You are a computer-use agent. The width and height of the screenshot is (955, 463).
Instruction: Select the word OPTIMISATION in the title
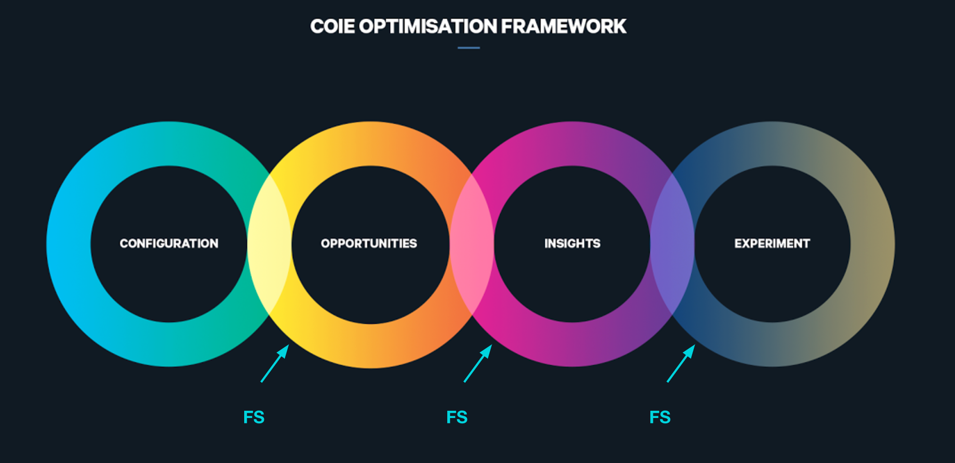coord(428,27)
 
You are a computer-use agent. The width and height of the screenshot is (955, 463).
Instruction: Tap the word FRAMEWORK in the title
coord(563,27)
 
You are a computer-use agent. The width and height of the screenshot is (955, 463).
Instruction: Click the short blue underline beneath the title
coord(469,48)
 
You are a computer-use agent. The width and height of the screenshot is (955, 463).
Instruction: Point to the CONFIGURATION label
coord(169,243)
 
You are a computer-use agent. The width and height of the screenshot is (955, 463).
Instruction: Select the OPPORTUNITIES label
coord(369,243)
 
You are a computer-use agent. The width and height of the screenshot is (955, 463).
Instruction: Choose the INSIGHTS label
coord(572,243)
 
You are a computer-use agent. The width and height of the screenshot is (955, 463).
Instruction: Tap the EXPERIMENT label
coord(772,243)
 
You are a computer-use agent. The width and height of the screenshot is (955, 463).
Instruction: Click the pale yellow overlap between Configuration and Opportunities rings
coord(269,243)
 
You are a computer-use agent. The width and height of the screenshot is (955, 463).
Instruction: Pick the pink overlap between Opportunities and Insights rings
coord(472,243)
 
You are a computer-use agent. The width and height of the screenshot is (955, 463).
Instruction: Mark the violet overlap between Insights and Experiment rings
coord(673,243)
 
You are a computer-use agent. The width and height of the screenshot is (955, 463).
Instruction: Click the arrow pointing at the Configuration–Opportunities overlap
coord(275,363)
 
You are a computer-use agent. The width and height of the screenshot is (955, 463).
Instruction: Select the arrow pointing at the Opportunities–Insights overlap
coord(478,363)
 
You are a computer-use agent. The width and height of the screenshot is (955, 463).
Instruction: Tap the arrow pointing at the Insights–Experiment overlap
coord(681,363)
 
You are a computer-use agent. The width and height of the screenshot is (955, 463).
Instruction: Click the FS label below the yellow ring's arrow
coord(254,417)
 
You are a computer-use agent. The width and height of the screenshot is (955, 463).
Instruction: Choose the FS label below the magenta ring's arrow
coord(457,417)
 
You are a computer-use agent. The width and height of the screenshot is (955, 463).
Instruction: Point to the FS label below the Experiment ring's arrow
coord(660,417)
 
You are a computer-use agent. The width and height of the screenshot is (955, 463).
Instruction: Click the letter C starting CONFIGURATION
coord(124,243)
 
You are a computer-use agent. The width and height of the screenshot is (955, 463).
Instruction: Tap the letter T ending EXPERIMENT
coord(806,243)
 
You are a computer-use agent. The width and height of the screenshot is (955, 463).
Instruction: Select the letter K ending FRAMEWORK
coord(619,27)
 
